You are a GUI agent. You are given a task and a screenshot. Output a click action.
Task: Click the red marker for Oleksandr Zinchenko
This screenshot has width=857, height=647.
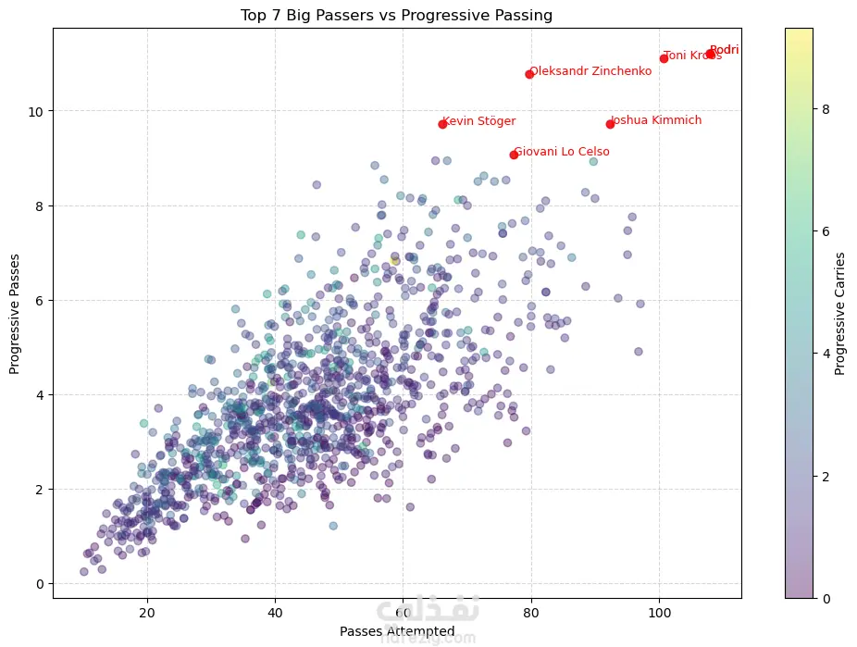(x=529, y=74)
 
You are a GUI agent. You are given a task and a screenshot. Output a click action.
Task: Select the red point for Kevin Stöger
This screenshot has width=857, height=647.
(x=442, y=124)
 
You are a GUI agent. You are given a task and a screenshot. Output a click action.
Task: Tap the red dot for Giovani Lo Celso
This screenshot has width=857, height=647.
(x=514, y=155)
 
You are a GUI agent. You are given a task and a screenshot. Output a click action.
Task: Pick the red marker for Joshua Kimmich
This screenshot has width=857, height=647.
(x=610, y=124)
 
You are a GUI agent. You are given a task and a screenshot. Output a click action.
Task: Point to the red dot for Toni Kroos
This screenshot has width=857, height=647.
(x=664, y=58)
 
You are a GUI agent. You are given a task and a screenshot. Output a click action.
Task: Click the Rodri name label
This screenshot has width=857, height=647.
(x=725, y=50)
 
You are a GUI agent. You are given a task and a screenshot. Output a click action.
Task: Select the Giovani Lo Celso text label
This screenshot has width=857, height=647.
(x=562, y=152)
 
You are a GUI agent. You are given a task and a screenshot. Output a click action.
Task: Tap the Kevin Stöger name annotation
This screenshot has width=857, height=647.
(x=479, y=121)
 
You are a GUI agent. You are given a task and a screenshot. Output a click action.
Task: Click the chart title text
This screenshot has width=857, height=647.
(x=396, y=14)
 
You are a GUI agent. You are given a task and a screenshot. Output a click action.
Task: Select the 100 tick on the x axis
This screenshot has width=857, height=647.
(x=659, y=613)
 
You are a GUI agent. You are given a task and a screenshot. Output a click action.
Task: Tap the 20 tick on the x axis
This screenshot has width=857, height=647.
(x=146, y=613)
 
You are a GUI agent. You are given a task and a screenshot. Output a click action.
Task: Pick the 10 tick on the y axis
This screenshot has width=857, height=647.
(x=38, y=111)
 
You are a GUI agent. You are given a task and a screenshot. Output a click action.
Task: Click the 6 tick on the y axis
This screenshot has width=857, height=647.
(x=41, y=300)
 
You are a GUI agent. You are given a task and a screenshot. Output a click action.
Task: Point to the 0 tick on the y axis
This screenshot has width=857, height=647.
(x=41, y=584)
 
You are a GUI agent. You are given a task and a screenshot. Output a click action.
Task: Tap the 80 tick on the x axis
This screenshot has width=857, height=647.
(x=531, y=613)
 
